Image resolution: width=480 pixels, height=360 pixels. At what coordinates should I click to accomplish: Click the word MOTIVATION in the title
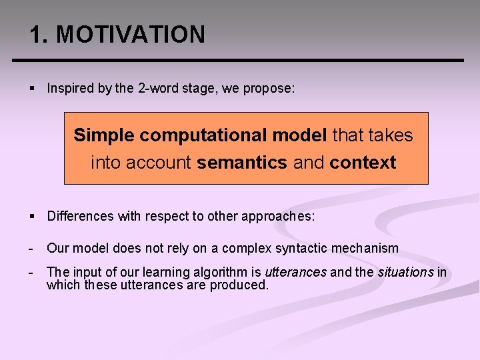click(x=131, y=35)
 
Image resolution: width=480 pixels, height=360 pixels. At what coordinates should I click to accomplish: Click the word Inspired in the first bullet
click(x=70, y=89)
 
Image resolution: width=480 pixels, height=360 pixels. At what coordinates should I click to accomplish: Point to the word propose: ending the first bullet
click(x=270, y=89)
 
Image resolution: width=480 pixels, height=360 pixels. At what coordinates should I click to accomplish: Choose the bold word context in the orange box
click(x=363, y=163)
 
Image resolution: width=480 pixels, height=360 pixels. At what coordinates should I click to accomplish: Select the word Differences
click(x=79, y=216)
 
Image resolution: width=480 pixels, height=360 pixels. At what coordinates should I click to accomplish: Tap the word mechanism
click(x=368, y=249)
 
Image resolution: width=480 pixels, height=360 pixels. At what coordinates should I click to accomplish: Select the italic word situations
click(x=405, y=273)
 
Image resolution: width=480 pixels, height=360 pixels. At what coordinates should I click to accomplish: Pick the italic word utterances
click(x=295, y=273)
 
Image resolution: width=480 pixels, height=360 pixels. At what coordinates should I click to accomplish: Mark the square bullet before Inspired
click(x=32, y=89)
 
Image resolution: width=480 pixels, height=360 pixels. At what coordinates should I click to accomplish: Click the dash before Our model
click(x=31, y=249)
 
